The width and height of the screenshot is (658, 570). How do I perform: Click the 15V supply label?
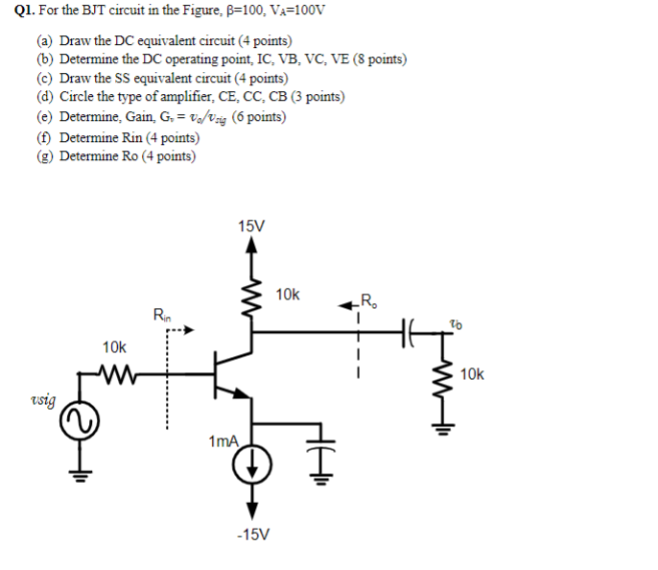(x=251, y=226)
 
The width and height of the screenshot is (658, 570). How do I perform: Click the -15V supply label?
(x=252, y=534)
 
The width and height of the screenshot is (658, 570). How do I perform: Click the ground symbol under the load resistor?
(x=443, y=429)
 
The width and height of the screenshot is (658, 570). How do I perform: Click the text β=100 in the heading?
(x=227, y=12)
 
